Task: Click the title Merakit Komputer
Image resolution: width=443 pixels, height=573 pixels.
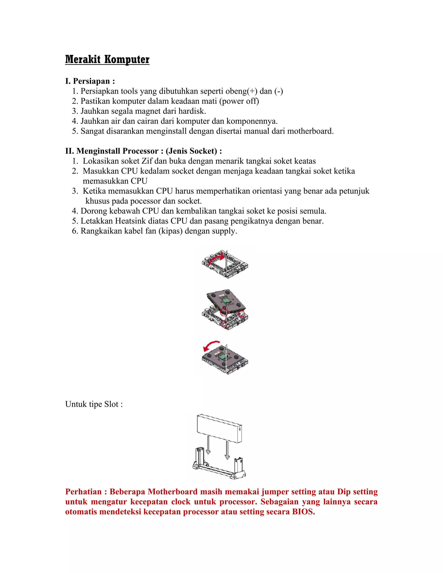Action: [x=107, y=59]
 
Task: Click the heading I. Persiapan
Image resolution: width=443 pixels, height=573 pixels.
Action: [x=90, y=81]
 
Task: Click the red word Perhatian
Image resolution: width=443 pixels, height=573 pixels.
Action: [x=83, y=492]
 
